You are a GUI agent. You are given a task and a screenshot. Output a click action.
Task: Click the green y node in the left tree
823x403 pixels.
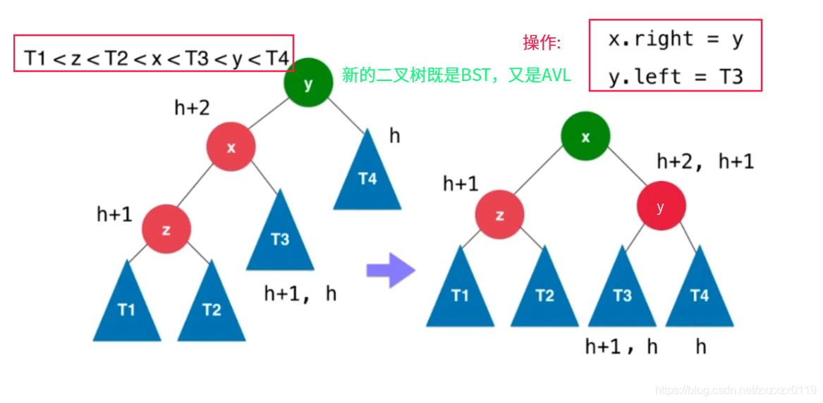(x=308, y=84)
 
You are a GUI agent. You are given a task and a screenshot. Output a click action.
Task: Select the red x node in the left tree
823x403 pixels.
(x=231, y=147)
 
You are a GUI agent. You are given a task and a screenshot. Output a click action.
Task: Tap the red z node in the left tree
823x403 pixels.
(x=166, y=230)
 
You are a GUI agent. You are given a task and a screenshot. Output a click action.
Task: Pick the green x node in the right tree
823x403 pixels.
(x=585, y=137)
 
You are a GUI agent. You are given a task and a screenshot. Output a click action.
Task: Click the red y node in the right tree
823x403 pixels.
(x=661, y=206)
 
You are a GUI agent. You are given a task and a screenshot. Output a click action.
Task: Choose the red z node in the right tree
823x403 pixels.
(x=499, y=214)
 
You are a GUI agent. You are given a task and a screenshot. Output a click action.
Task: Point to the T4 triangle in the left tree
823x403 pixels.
(x=367, y=177)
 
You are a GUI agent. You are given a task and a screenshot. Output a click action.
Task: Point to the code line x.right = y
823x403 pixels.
(x=675, y=39)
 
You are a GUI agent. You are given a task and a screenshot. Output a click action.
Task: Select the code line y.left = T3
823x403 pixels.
(x=675, y=75)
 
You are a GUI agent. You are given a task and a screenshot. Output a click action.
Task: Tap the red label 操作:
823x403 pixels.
(x=542, y=44)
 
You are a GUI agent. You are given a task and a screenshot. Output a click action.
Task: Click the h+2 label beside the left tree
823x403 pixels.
(x=193, y=108)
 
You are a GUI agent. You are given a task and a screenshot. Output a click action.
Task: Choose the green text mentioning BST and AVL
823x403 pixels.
(x=456, y=75)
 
